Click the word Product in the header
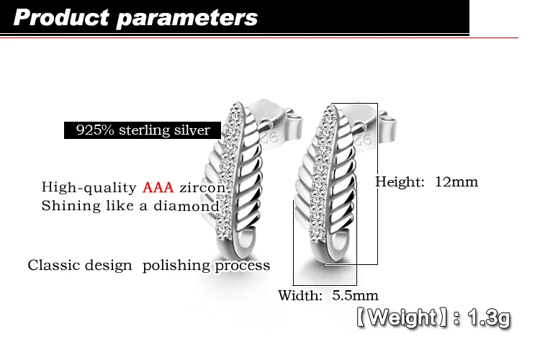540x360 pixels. point(61,17)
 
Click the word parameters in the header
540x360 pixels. point(187,19)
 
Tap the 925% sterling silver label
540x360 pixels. point(143,130)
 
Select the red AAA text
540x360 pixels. point(158,187)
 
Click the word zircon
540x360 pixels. point(202,188)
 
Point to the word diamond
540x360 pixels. point(186,206)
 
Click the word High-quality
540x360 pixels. point(89,188)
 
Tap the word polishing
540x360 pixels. point(177,266)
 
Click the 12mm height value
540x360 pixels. point(456,181)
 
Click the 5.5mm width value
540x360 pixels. point(355,295)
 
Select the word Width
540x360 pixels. point(300,295)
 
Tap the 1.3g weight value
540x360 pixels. point(489,318)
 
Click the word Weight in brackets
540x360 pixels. point(402,317)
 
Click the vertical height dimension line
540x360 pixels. point(377,184)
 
